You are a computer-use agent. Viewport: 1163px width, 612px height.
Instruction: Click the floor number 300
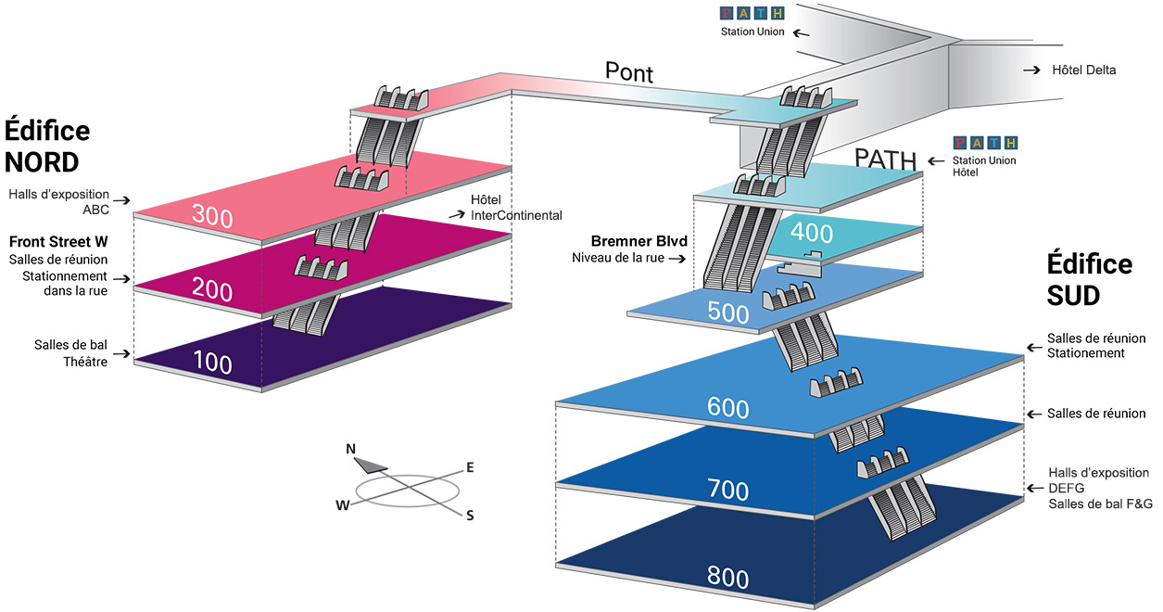coord(212,216)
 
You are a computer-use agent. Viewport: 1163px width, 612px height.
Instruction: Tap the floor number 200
coord(212,289)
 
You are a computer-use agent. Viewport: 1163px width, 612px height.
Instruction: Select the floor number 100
coord(212,362)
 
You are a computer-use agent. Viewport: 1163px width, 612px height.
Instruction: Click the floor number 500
coord(727,312)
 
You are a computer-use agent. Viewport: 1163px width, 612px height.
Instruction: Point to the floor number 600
coord(727,408)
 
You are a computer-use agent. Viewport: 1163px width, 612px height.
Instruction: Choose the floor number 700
coord(727,490)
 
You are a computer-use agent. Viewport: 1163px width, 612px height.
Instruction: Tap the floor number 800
coord(727,577)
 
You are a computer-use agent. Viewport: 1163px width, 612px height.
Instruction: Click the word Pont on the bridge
coord(628,72)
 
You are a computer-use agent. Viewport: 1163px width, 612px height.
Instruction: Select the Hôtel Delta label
coord(1083,70)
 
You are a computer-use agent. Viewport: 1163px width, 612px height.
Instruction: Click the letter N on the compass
coord(351,449)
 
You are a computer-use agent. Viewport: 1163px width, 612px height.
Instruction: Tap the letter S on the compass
coord(470,516)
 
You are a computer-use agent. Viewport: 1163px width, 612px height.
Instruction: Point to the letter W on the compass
coord(343,505)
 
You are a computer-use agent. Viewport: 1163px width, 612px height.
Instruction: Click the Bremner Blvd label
coord(639,241)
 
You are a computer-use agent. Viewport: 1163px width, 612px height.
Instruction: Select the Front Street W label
coord(58,242)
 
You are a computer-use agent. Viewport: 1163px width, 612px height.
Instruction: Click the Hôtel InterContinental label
coord(516,208)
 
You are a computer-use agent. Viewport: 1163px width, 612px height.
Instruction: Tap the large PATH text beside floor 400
coord(886,159)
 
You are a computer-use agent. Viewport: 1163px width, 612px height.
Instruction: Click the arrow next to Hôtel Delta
coord(1031,70)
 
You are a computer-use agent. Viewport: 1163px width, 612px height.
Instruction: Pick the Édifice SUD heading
coord(1089,279)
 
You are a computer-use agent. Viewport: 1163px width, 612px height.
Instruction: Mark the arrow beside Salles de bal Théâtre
coord(121,354)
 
